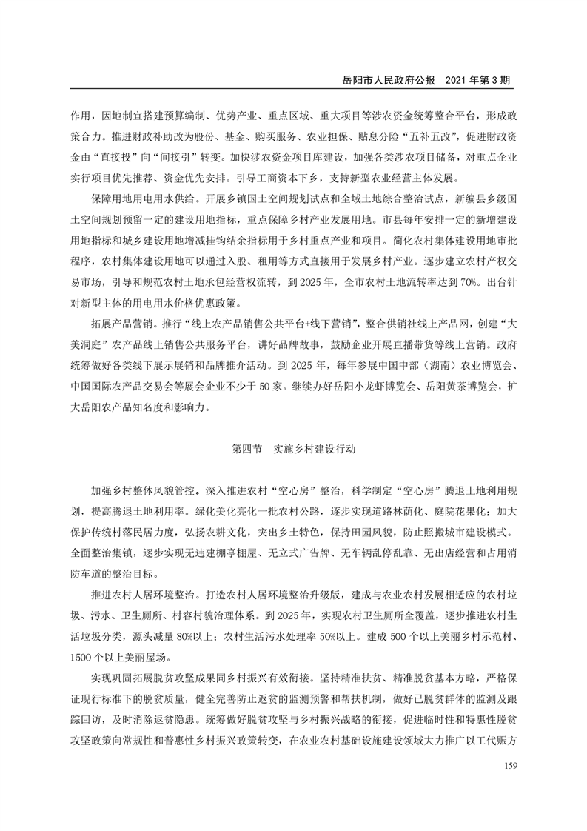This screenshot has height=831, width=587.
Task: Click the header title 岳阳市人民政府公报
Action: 386,79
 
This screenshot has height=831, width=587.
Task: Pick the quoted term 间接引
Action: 185,158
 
